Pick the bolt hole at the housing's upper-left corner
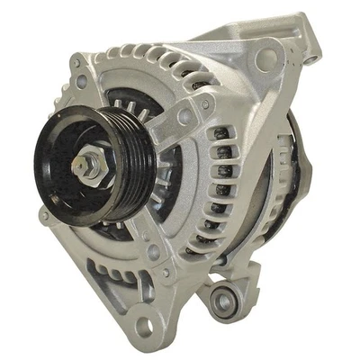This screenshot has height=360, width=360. (82, 80)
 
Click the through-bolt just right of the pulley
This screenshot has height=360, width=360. (184, 116)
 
